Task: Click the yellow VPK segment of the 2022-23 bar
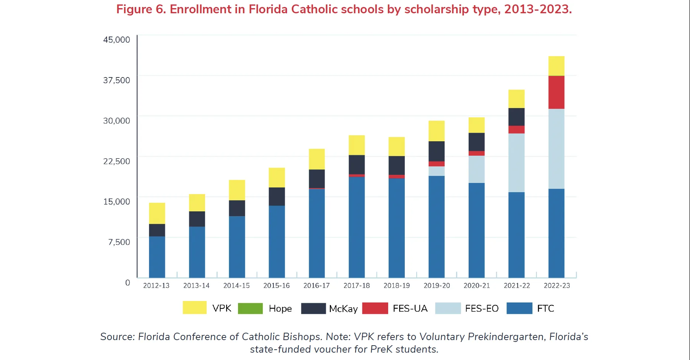(x=556, y=66)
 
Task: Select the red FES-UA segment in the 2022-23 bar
(x=556, y=92)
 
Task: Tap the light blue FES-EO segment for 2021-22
(x=516, y=163)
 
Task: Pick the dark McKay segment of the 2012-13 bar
(x=157, y=230)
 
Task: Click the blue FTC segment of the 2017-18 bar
(x=356, y=227)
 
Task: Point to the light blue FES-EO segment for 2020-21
(x=476, y=169)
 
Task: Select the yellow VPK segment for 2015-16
(x=276, y=177)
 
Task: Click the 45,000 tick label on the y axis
(x=117, y=39)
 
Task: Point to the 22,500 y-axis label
(x=117, y=161)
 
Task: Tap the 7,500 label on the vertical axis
(x=119, y=242)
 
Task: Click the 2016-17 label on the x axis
(x=316, y=285)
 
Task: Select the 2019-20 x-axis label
(x=437, y=285)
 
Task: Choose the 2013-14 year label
(x=196, y=285)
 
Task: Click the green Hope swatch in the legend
(x=250, y=308)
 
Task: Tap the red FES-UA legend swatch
(x=375, y=308)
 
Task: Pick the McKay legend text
(x=343, y=309)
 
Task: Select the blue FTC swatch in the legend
(x=519, y=308)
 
